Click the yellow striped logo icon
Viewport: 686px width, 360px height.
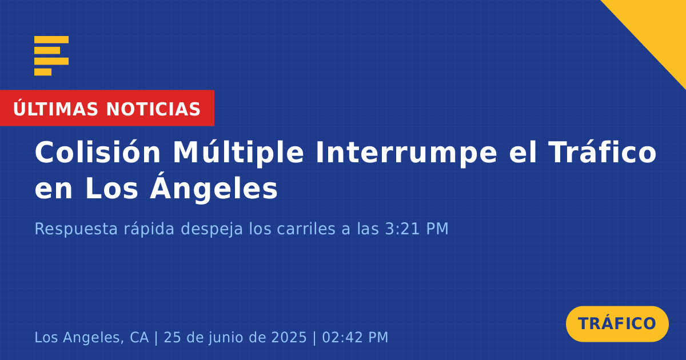[51, 56]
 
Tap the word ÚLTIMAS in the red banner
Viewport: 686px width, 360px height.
[55, 108]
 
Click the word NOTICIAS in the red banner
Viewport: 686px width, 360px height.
[153, 109]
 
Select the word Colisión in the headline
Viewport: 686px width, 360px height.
[97, 152]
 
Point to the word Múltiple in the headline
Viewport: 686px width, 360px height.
[238, 153]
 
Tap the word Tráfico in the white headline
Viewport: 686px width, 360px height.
[603, 151]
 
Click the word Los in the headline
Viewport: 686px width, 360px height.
[112, 189]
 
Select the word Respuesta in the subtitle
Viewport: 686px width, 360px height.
[76, 229]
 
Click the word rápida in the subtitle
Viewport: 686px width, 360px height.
[149, 229]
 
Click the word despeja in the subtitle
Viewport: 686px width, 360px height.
[212, 229]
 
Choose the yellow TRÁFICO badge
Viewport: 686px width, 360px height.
[617, 323]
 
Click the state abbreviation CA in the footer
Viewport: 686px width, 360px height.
[139, 337]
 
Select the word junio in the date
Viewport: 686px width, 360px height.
[225, 338]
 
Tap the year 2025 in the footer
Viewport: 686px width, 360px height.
[289, 337]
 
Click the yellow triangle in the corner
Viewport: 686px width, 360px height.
[659, 27]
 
